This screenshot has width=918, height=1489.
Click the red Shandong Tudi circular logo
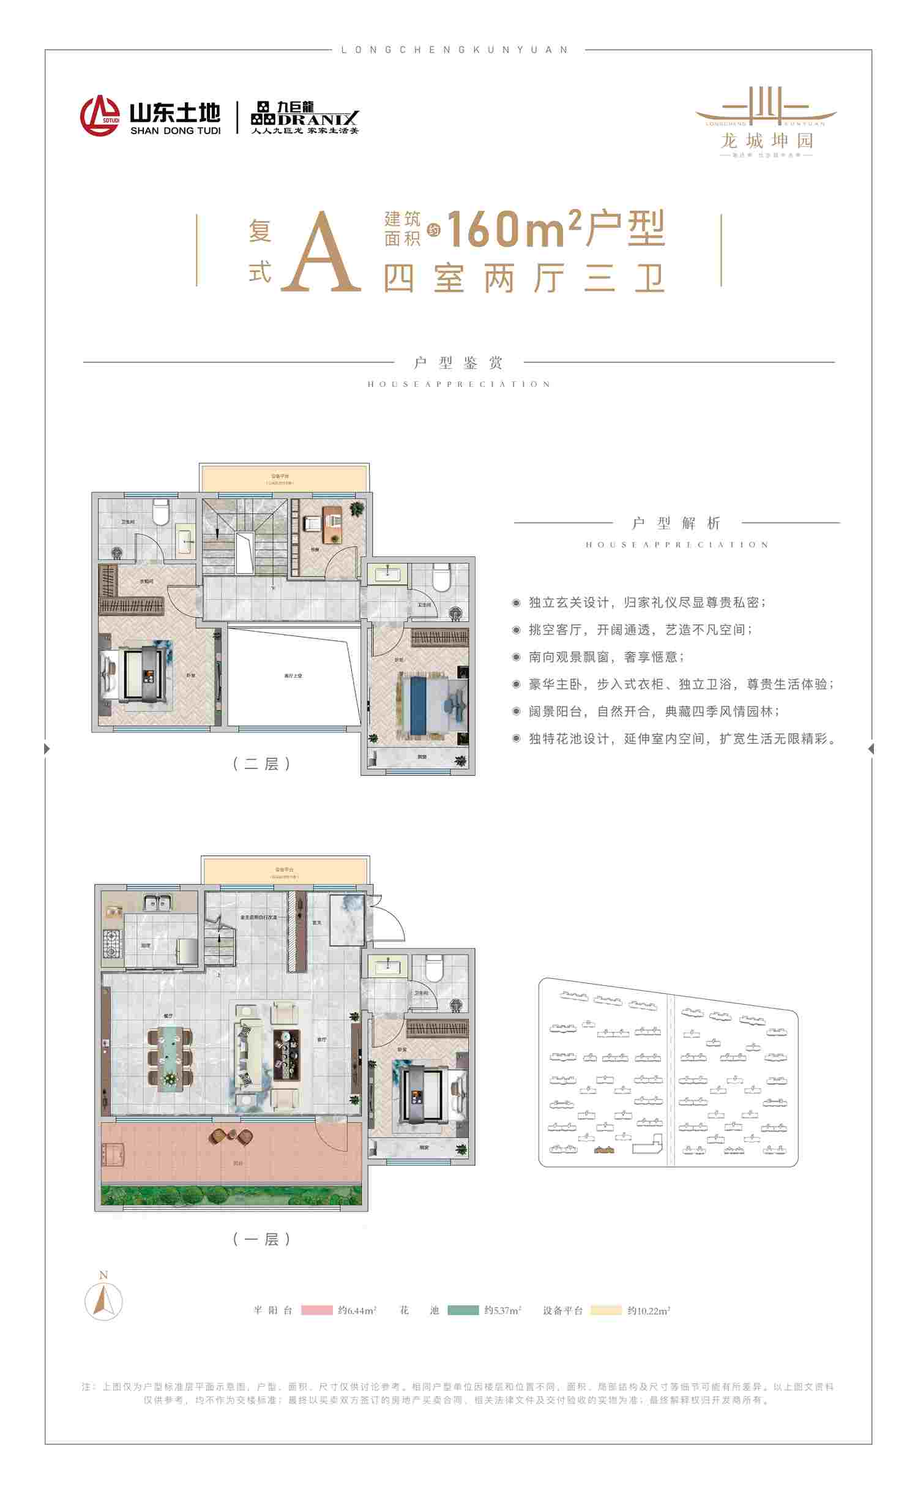click(100, 115)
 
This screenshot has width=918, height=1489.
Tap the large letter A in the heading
click(321, 253)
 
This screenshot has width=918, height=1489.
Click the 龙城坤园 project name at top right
click(766, 141)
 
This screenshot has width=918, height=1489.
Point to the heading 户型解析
click(676, 523)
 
